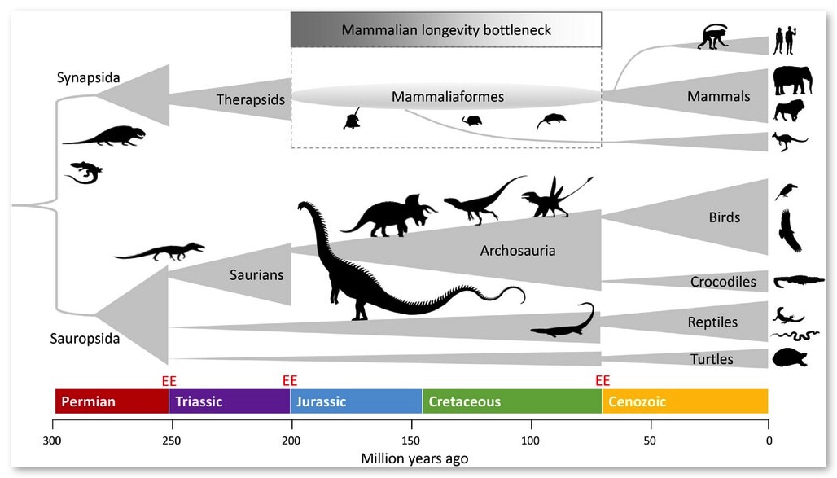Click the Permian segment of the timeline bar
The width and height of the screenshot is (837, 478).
[x=112, y=401]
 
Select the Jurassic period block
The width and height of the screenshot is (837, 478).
[x=356, y=401]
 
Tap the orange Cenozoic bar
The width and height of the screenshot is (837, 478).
[x=685, y=401]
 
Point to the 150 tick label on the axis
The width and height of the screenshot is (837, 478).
[x=410, y=441]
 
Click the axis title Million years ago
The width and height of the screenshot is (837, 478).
[x=414, y=458]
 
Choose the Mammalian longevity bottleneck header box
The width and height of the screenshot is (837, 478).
[x=446, y=30]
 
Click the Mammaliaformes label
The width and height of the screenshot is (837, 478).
[x=448, y=97]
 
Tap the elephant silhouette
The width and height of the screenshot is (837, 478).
[x=793, y=81]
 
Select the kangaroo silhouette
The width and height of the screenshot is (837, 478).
[x=789, y=142]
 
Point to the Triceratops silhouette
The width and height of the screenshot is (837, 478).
[x=388, y=216]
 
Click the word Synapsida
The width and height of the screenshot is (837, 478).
[x=88, y=77]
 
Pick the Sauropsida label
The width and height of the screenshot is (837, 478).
[x=85, y=338]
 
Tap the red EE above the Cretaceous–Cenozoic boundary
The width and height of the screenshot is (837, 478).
[x=603, y=381]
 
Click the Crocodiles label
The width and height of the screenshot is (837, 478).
[x=723, y=282]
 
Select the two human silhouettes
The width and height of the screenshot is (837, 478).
[x=785, y=41]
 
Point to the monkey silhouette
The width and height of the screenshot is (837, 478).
[x=713, y=37]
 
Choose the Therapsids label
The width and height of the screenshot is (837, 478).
[x=250, y=100]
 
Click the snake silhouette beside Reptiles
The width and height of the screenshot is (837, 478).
[x=795, y=335]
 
